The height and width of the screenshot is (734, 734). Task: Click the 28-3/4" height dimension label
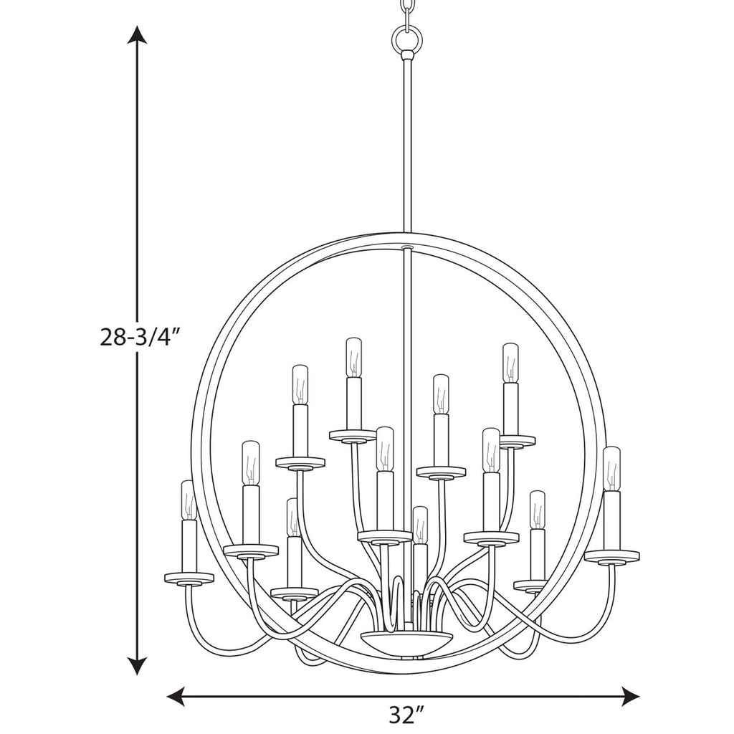pos(140,337)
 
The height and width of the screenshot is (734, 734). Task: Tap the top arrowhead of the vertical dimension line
pos(137,34)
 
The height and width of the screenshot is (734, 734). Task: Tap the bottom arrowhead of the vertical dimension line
pos(137,665)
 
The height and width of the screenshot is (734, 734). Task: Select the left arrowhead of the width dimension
pos(176,692)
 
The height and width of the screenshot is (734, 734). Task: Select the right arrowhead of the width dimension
pos(630,692)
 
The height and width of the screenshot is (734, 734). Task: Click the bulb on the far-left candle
pos(188,500)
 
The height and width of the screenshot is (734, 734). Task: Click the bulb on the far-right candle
pos(611,469)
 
